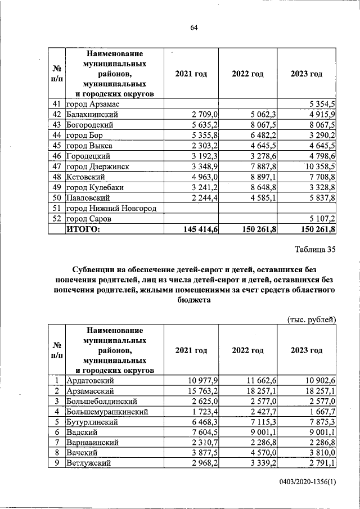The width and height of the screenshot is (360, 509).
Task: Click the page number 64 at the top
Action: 194,28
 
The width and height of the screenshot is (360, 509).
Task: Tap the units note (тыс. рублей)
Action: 311,319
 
